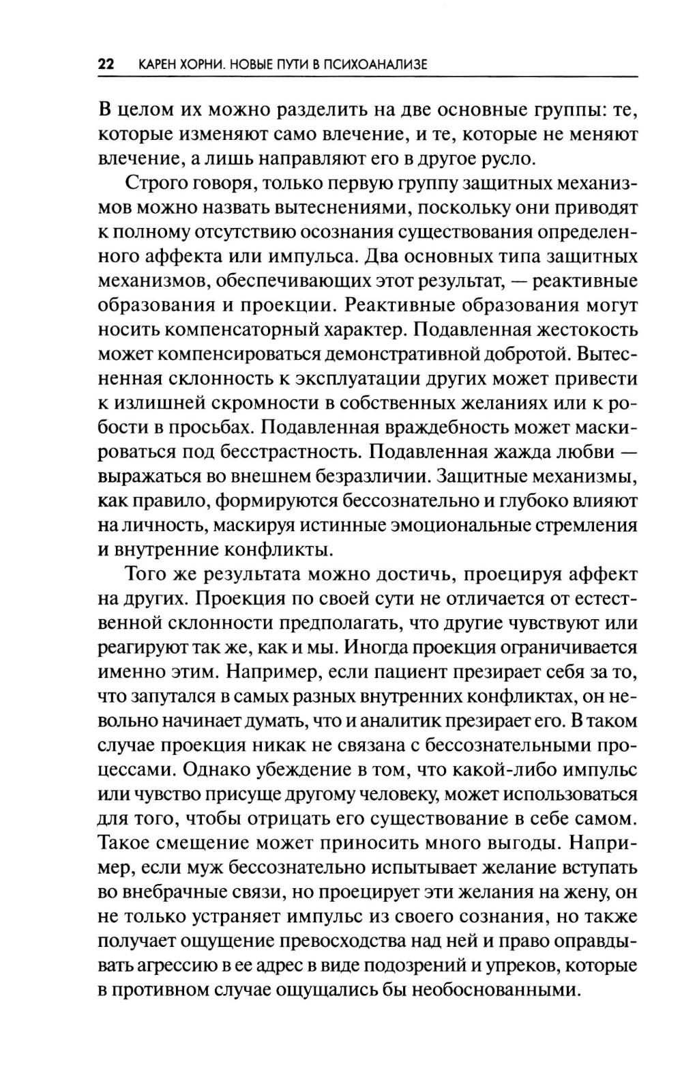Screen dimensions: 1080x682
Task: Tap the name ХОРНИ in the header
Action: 197,65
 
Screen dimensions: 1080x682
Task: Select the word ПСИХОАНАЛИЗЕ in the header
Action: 375,65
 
